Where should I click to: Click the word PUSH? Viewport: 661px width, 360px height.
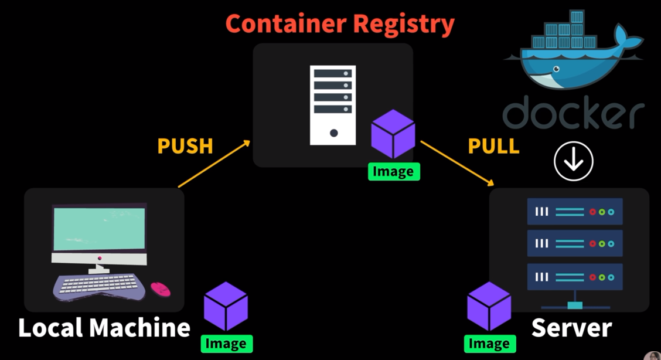pyautogui.click(x=185, y=146)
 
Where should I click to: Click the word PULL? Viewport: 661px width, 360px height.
pyautogui.click(x=493, y=146)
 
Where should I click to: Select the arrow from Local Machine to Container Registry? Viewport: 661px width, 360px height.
pyautogui.click(x=214, y=164)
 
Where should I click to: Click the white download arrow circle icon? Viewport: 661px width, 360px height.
pyautogui.click(x=574, y=161)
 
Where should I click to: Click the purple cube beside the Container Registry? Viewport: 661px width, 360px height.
pyautogui.click(x=393, y=134)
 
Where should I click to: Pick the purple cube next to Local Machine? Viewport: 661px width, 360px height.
pyautogui.click(x=226, y=306)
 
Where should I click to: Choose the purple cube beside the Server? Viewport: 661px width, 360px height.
pyautogui.click(x=489, y=306)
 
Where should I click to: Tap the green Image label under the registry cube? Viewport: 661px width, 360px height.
pyautogui.click(x=394, y=172)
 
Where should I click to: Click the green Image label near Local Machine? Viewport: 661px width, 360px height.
pyautogui.click(x=227, y=344)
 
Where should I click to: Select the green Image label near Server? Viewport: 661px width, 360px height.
pyautogui.click(x=490, y=344)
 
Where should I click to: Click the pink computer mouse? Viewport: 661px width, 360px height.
pyautogui.click(x=160, y=289)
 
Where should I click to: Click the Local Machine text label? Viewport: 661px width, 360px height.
pyautogui.click(x=104, y=327)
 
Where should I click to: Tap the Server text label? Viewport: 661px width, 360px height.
pyautogui.click(x=571, y=327)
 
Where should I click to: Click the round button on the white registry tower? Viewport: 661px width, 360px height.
pyautogui.click(x=333, y=133)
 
